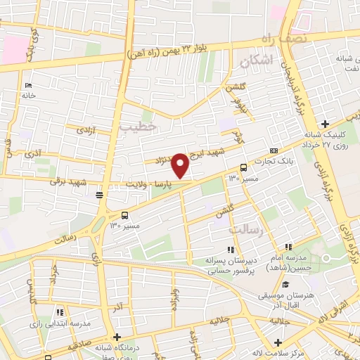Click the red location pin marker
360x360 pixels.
181,165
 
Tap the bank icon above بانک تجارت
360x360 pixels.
274,150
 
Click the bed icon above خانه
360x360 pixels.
28,85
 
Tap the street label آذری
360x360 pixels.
32,153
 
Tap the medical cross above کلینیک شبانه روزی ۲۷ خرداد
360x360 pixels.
324,124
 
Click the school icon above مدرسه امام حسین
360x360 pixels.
287,248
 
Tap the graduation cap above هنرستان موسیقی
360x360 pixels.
285,285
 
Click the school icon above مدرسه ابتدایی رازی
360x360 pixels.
60,312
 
